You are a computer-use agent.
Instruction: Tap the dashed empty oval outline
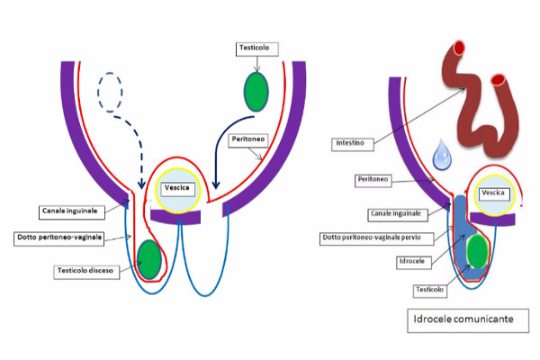[112, 90]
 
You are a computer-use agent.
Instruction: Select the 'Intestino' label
[351, 141]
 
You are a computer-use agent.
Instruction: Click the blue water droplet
[442, 155]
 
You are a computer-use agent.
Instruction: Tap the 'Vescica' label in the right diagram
[493, 193]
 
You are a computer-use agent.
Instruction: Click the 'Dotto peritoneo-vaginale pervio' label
[378, 238]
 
